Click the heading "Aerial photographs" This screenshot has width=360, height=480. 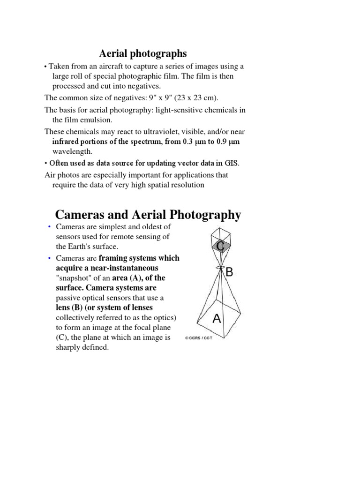[x=143, y=54]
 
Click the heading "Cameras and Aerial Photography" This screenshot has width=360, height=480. [x=148, y=215]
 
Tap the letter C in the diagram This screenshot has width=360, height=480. [x=220, y=246]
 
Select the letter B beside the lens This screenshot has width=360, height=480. [x=230, y=273]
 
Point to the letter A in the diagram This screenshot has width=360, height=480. [x=217, y=319]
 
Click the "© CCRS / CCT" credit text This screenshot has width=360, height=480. [x=199, y=337]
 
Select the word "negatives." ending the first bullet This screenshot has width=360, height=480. [x=145, y=86]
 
